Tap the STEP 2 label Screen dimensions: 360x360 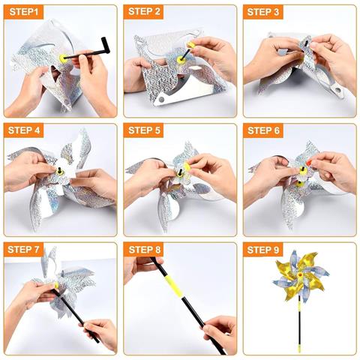(x=144, y=12)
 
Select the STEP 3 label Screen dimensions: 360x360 (x=264, y=12)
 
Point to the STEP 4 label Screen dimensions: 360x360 (x=25, y=130)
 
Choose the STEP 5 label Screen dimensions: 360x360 (x=145, y=130)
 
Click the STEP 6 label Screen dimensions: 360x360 (x=264, y=130)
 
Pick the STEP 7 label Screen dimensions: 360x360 (x=25, y=249)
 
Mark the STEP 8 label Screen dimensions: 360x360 (x=145, y=249)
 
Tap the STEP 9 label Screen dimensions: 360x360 (x=264, y=249)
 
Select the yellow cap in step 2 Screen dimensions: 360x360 (x=190, y=46)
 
